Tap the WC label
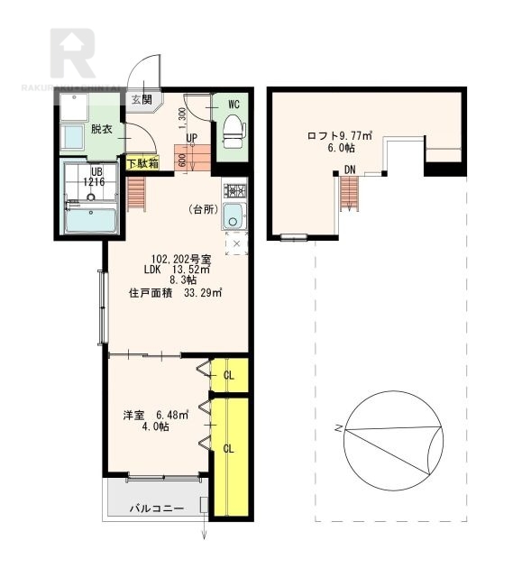(x=233, y=104)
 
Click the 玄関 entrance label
(x=141, y=98)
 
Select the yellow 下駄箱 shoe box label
(x=142, y=164)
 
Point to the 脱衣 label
(x=101, y=128)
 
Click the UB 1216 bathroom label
(x=94, y=177)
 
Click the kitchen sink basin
(x=234, y=216)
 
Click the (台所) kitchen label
(x=204, y=209)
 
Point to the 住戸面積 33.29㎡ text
(x=176, y=292)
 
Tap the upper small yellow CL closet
(x=229, y=374)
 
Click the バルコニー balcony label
(x=156, y=509)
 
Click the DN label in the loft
(x=349, y=169)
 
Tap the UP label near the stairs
(x=192, y=138)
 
